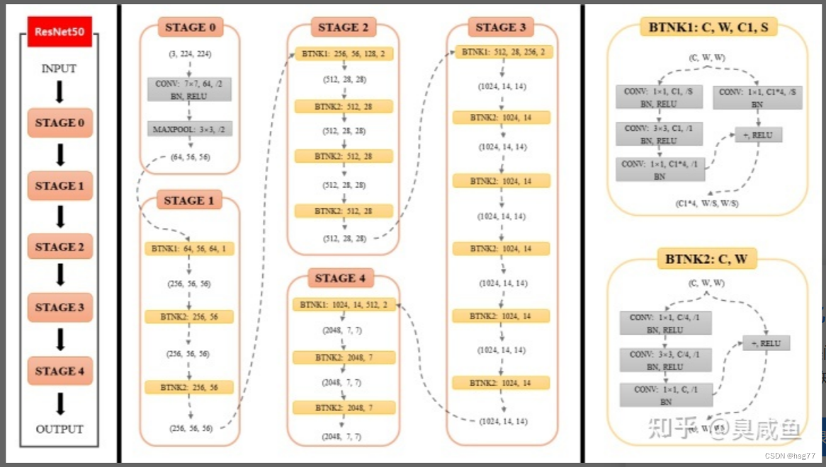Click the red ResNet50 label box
click(x=60, y=33)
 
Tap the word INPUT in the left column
click(x=59, y=69)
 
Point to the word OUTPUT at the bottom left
click(x=60, y=429)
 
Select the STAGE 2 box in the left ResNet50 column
click(x=60, y=247)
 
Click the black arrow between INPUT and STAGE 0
click(x=60, y=92)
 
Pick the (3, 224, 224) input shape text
click(x=189, y=54)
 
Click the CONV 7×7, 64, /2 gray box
click(x=189, y=90)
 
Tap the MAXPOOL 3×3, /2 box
click(x=189, y=129)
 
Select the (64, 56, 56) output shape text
click(x=191, y=157)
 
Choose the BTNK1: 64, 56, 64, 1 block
click(x=189, y=249)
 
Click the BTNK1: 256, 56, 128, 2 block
click(x=344, y=54)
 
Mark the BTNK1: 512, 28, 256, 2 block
click(x=503, y=52)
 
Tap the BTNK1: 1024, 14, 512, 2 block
click(x=344, y=305)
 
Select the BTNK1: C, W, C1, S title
click(x=707, y=28)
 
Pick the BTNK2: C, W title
click(x=706, y=259)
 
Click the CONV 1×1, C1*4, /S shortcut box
click(x=758, y=98)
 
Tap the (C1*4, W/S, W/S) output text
click(x=706, y=204)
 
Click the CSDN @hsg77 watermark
click(x=795, y=456)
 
